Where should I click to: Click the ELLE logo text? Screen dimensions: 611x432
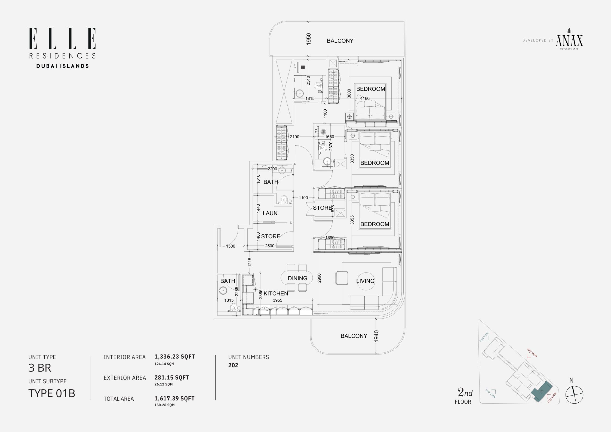pos(62,39)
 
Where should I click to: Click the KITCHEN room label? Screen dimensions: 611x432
pos(276,294)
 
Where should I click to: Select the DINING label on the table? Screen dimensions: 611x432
pos(297,278)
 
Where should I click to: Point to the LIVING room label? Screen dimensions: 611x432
pos(365,281)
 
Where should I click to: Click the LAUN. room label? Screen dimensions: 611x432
pos(271,213)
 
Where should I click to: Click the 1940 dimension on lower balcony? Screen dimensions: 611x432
pos(376,336)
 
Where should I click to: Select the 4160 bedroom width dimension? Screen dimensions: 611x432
pos(365,98)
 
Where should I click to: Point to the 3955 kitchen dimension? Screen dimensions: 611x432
pos(278,300)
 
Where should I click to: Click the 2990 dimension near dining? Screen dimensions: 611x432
pos(319,278)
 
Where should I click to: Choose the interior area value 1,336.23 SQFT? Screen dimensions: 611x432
pos(175,357)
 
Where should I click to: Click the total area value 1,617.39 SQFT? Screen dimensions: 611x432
pos(174,399)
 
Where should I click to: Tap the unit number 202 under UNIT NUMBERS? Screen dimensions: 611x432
pos(233,365)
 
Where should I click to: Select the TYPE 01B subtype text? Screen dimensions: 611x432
pos(52,393)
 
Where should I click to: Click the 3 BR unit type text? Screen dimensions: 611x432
pos(40,368)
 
